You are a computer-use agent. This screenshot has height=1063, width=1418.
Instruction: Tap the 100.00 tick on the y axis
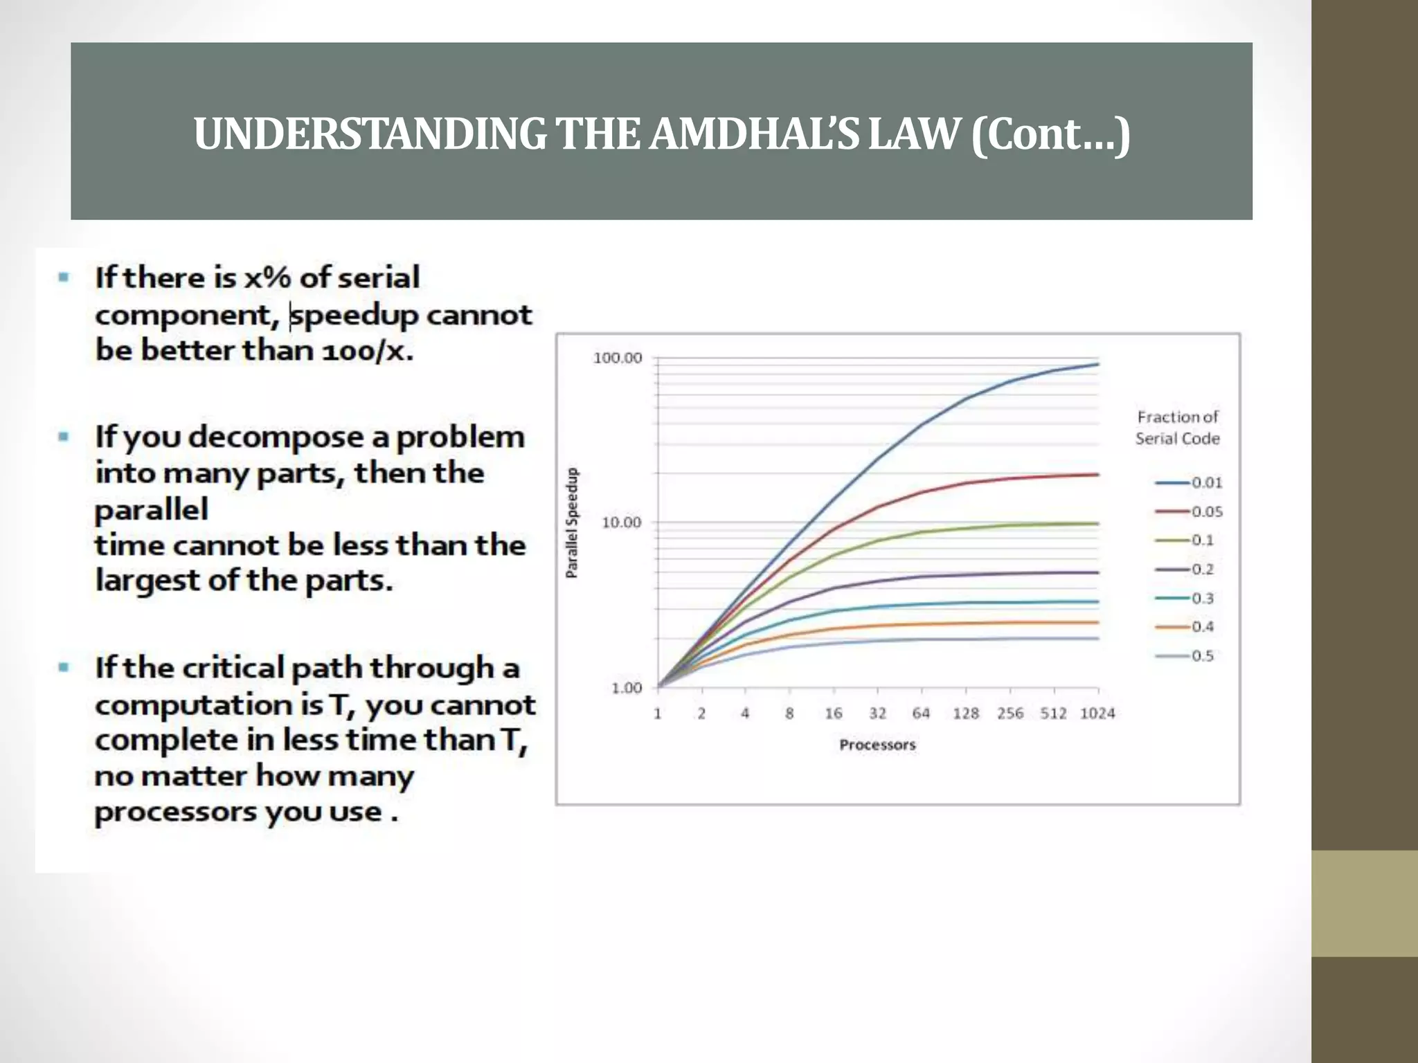618,358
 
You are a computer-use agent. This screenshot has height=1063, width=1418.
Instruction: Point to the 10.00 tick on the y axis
621,523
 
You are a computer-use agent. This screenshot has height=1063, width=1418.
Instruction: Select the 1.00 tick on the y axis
626,688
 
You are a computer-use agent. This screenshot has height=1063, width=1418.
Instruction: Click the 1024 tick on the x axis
1097,714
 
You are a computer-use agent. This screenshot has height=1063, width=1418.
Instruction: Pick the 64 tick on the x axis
921,714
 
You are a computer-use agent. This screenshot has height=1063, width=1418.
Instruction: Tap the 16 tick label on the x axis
833,714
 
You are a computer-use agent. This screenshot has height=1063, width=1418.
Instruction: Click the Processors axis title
877,745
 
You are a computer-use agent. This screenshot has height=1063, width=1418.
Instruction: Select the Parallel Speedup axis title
572,523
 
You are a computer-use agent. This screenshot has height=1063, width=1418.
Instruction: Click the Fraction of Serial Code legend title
1177,428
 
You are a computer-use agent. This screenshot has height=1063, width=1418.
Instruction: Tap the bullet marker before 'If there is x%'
64,278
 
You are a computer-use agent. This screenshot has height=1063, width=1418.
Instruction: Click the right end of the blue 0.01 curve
1097,364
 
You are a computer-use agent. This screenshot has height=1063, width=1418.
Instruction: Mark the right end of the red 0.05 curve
1097,475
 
